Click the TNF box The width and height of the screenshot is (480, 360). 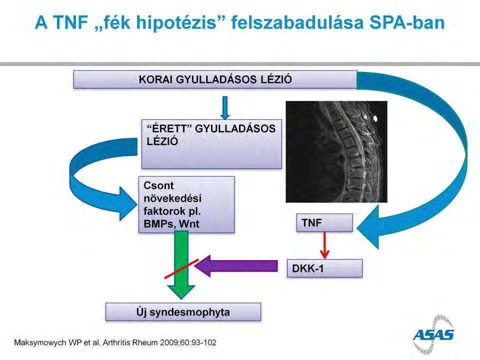coord(324,222)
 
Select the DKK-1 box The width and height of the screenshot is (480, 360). coord(324,268)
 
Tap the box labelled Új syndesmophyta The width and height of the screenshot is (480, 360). coord(183,312)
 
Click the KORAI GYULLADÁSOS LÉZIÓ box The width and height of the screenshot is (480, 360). coord(215,79)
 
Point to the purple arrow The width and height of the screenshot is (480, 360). coord(236,265)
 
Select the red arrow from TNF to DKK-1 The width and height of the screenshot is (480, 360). coord(324,245)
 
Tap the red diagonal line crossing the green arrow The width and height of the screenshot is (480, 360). coord(181,269)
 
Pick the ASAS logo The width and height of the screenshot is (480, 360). coord(433,334)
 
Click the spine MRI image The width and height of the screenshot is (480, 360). coord(336,152)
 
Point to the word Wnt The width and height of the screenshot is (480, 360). coord(189,224)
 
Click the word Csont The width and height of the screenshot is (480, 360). coord(158,185)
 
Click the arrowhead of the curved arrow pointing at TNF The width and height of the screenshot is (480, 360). coord(368,227)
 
